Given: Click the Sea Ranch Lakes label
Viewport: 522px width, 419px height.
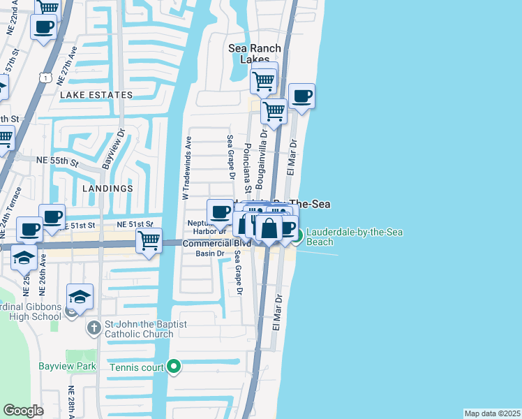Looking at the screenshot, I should (x=255, y=54).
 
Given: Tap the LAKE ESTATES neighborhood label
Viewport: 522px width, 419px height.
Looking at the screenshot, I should (x=96, y=95).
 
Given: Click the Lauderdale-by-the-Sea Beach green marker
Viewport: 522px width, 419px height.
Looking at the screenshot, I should (x=298, y=237).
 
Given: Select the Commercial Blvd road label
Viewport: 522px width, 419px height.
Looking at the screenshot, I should (x=207, y=243).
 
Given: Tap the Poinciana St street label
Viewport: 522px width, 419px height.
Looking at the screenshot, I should (x=247, y=168).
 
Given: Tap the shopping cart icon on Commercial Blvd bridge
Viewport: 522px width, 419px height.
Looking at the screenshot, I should (x=149, y=241).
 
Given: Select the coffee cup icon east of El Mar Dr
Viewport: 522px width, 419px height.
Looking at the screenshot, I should (x=301, y=96).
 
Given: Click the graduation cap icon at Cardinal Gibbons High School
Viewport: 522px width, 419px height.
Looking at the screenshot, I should (x=80, y=296).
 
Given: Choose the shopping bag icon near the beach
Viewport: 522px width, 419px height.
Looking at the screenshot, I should (x=269, y=228).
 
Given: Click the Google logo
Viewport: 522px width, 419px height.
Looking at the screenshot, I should (x=24, y=410).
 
